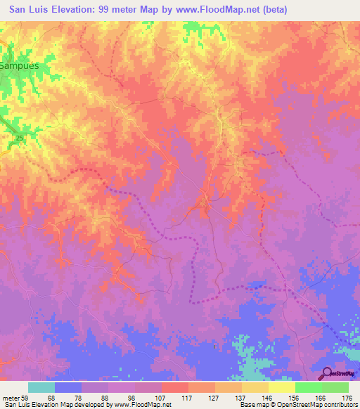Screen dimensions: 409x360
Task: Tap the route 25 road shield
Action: tap(19, 138)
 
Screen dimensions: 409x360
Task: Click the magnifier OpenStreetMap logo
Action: tap(327, 373)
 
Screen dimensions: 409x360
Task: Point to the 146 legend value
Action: tap(268, 398)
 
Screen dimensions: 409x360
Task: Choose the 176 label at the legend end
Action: tap(347, 398)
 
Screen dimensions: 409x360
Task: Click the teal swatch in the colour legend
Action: tap(41, 387)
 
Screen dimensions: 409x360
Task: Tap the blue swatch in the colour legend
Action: tap(68, 387)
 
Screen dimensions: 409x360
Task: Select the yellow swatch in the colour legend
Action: tap(282, 387)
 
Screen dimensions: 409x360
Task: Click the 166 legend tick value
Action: tap(321, 398)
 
